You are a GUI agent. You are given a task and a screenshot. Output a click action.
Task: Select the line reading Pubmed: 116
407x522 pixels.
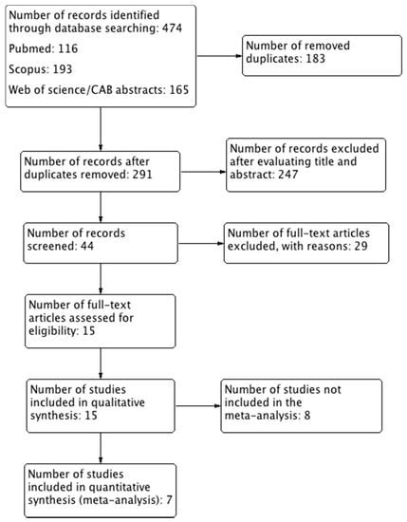coord(46,49)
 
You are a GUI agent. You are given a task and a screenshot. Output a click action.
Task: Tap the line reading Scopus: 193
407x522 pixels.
coord(45,69)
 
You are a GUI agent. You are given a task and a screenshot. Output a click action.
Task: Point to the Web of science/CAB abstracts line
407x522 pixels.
coord(91,90)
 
